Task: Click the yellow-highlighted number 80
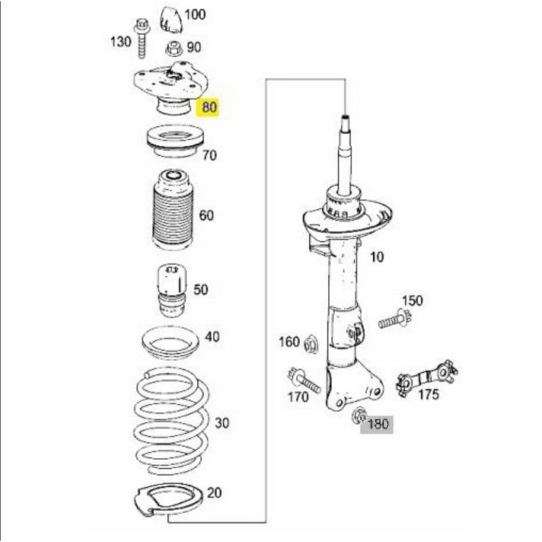point(209,107)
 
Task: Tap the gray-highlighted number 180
point(378,424)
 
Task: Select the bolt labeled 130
point(142,38)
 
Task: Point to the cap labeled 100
point(171,20)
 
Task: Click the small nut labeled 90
point(174,49)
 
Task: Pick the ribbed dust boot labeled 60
point(172,210)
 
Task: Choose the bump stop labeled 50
point(172,290)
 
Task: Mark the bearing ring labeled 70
point(175,142)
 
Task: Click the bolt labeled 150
point(394,320)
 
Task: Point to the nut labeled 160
point(310,344)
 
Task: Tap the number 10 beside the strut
point(377,257)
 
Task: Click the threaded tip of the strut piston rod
point(346,118)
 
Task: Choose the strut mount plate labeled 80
point(171,87)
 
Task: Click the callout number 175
point(429,394)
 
